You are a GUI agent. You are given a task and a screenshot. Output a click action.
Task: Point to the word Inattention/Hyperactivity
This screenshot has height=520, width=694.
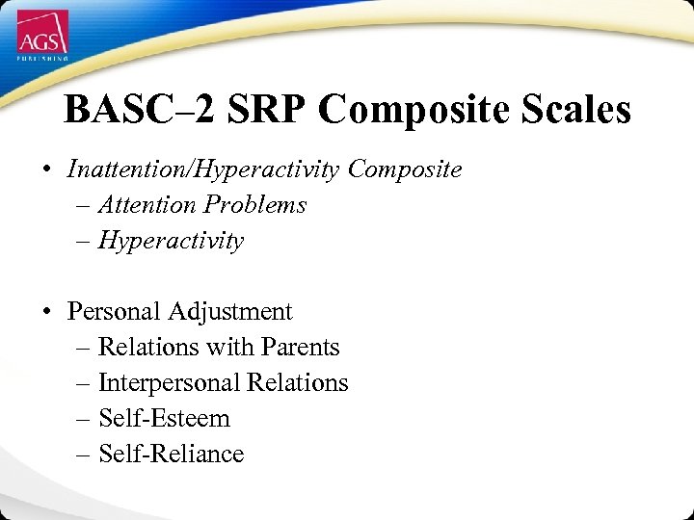click(x=204, y=169)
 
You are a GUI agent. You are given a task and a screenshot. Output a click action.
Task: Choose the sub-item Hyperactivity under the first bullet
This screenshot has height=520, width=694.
click(x=171, y=241)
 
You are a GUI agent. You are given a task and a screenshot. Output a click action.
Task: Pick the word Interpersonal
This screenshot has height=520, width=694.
click(x=170, y=382)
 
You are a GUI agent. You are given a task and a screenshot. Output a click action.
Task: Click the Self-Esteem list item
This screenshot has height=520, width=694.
click(x=164, y=418)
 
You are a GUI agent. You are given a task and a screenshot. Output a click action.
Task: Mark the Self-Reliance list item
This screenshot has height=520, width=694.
click(x=171, y=454)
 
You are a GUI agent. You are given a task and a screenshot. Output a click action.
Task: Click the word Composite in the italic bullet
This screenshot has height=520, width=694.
click(x=405, y=169)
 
